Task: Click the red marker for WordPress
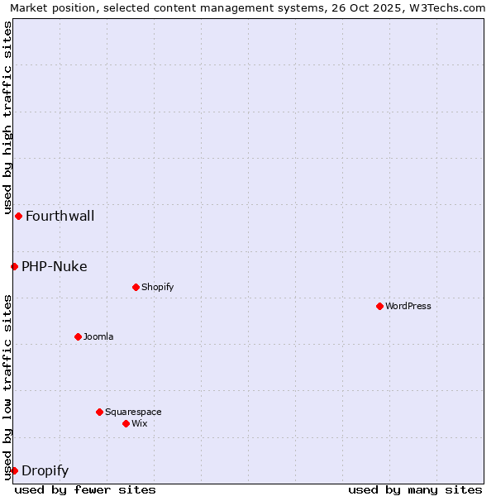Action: pos(379,306)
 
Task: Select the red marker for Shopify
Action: pos(136,287)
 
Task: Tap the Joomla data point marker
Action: pos(78,336)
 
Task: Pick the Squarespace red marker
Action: pos(99,412)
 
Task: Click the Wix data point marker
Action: pos(126,423)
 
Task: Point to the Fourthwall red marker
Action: pos(18,216)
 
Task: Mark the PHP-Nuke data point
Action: pos(14,266)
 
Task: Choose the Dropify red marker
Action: pos(14,470)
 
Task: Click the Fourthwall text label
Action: pos(60,217)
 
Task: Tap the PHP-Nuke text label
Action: pos(55,267)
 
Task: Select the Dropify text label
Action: pos(45,471)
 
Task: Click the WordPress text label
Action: pos(408,307)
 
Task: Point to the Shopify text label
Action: pos(158,288)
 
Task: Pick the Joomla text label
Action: pos(98,337)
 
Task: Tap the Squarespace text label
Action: pos(133,413)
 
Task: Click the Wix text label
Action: pos(140,424)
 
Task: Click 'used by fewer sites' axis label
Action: pos(85,489)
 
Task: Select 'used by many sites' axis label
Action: pos(415,489)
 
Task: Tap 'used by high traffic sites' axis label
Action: pos(8,116)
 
